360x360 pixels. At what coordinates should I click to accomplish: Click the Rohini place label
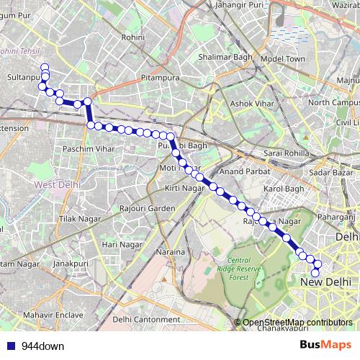click(x=135, y=37)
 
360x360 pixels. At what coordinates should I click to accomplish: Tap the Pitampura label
click(x=159, y=75)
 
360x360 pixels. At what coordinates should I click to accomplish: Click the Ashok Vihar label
click(x=251, y=104)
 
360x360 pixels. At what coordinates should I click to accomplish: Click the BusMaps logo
click(x=330, y=346)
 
